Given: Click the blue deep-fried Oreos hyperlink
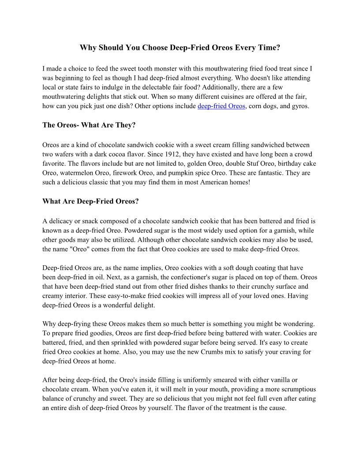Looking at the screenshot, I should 221,106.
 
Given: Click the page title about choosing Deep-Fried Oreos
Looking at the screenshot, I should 180,48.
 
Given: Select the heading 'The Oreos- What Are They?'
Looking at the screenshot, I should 89,125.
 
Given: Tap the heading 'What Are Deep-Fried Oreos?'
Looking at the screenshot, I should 90,202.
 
